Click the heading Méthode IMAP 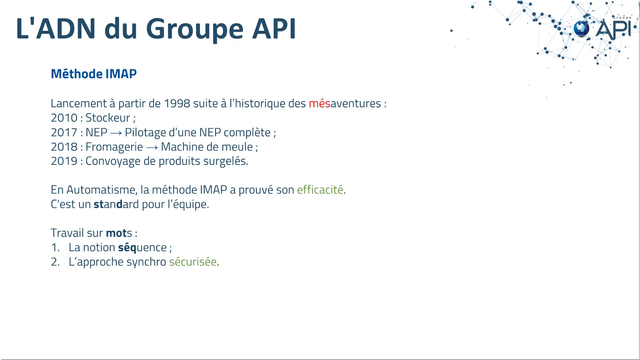[94, 74]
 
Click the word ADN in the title [66, 29]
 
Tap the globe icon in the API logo [581, 29]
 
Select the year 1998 [177, 104]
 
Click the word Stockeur [108, 118]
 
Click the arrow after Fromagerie [152, 148]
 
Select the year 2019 [64, 161]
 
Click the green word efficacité [320, 190]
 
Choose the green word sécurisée [193, 262]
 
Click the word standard [116, 204]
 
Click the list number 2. [55, 262]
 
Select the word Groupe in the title [195, 30]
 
